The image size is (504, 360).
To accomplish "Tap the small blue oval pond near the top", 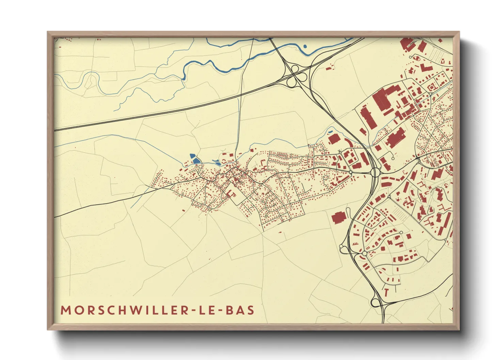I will click(305, 46).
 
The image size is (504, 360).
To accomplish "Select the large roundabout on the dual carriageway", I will click(375, 172).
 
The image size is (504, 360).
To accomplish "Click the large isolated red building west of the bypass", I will click(338, 218).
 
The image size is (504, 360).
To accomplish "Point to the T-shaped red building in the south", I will click(386, 292).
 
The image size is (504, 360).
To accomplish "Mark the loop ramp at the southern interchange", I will click(376, 302).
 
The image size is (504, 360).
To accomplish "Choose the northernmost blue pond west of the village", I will click(192, 156).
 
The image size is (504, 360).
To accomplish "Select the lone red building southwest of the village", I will click(184, 210).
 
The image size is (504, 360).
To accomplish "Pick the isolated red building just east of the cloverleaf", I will click(329, 68).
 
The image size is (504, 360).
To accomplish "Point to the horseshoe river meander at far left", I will click(91, 80).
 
